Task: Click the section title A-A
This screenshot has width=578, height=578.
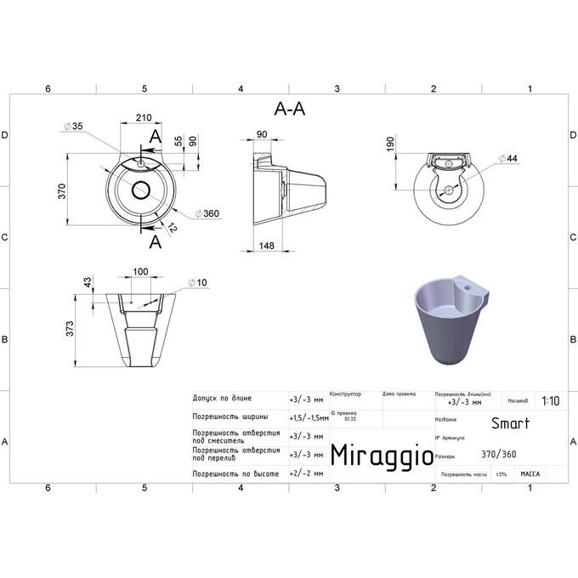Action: pyautogui.click(x=290, y=108)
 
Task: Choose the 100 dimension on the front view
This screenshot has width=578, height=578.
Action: pyautogui.click(x=141, y=272)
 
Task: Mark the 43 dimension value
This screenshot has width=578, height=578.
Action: pyautogui.click(x=87, y=282)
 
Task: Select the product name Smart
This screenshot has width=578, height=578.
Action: pyautogui.click(x=510, y=423)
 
